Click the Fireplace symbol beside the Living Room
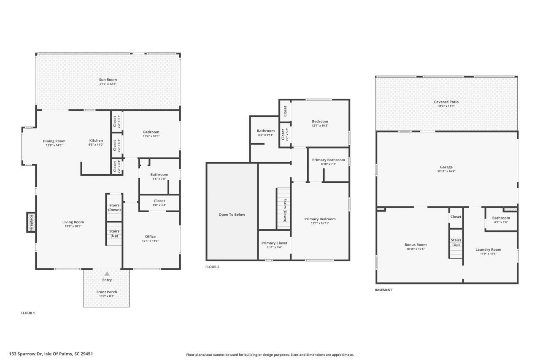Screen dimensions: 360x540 pyautogui.click(x=31, y=222)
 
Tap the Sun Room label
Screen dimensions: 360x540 pyautogui.click(x=108, y=79)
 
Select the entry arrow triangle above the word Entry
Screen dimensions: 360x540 pyautogui.click(x=107, y=274)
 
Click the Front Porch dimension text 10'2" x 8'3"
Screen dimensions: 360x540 pyautogui.click(x=106, y=296)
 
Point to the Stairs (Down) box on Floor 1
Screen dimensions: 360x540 pyautogui.click(x=114, y=207)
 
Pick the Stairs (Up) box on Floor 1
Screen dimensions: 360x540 pyautogui.click(x=114, y=233)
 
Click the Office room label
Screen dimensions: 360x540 pyautogui.click(x=150, y=236)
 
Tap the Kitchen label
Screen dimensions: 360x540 pyautogui.click(x=96, y=141)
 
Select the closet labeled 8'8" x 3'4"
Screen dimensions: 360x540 pyautogui.click(x=159, y=203)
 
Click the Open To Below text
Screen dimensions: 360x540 pyautogui.click(x=232, y=214)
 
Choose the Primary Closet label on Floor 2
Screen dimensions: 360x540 pyautogui.click(x=274, y=243)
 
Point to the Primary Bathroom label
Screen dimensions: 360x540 pyautogui.click(x=328, y=160)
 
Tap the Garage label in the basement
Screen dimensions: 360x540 pyautogui.click(x=446, y=167)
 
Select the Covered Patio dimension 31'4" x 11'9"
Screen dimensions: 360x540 pyautogui.click(x=446, y=106)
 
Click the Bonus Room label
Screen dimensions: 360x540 pyautogui.click(x=415, y=245)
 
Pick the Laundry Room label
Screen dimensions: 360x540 pyautogui.click(x=488, y=249)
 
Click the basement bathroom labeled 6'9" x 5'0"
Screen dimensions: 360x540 pyautogui.click(x=501, y=220)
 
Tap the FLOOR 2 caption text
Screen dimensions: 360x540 pyautogui.click(x=212, y=267)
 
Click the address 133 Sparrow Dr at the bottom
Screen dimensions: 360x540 pyautogui.click(x=51, y=354)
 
